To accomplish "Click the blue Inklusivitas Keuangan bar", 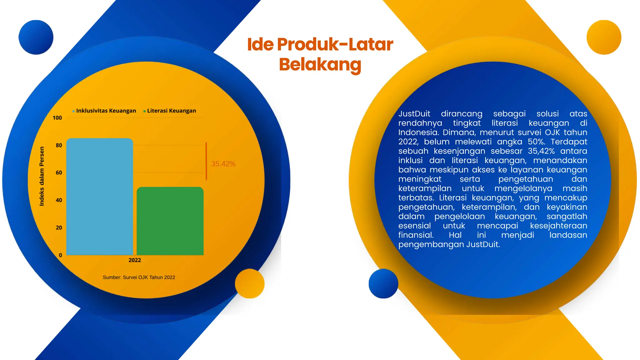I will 100,197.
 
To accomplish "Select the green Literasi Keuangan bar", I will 170,221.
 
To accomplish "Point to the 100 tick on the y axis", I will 57,118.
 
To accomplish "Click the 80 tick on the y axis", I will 59,145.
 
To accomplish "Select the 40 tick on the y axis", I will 59,200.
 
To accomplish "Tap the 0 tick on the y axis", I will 60,255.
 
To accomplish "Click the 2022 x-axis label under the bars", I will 135,260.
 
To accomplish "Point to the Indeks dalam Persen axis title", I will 42,176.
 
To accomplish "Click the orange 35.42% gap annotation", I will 223,164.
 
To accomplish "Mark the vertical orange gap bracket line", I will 206,161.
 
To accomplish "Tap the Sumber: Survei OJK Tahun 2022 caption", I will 139,277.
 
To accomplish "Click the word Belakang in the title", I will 320,64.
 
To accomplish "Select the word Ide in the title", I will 260,44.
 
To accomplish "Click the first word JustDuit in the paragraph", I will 414,114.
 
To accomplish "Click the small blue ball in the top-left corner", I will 36,37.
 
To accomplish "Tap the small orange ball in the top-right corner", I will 604,37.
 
